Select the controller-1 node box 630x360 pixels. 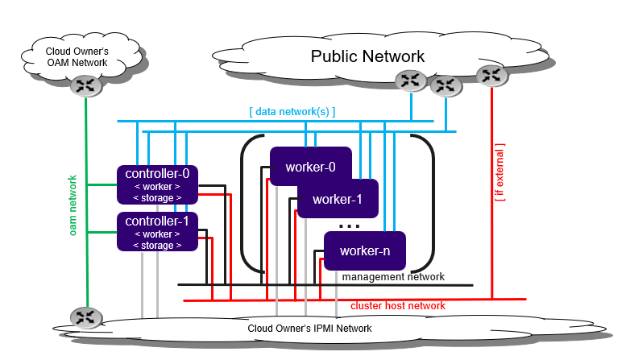tap(158, 232)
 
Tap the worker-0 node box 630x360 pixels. tap(310, 168)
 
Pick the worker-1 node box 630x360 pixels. tap(338, 198)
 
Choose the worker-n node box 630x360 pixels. tap(364, 250)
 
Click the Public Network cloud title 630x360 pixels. tap(367, 56)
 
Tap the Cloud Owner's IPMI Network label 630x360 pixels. tap(309, 328)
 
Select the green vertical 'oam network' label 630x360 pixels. tap(73, 205)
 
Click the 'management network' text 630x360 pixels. tap(393, 277)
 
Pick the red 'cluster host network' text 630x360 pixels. tap(397, 306)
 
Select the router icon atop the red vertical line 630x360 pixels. tap(491, 76)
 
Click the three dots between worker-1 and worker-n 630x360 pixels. tap(349, 226)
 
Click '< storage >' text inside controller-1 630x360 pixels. tap(156, 245)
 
